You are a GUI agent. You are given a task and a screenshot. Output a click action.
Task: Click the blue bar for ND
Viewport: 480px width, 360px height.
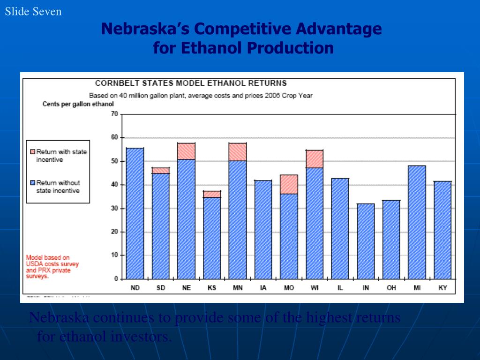point(135,213)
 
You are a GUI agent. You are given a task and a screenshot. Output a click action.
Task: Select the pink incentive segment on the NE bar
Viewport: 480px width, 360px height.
point(186,151)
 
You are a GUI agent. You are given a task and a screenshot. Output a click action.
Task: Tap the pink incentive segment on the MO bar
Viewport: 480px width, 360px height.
point(289,184)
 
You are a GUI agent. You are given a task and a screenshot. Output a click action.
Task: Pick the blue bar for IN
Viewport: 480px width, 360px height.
point(366,241)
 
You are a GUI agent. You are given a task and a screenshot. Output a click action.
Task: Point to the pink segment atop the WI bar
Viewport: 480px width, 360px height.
point(315,159)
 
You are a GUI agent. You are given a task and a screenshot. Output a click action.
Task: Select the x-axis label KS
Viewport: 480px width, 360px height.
point(212,288)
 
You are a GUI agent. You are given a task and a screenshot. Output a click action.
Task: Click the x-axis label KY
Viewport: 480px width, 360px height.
point(442,288)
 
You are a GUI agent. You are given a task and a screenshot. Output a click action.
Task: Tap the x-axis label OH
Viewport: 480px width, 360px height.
point(391,288)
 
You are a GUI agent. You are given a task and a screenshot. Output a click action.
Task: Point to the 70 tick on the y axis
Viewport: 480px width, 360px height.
point(114,114)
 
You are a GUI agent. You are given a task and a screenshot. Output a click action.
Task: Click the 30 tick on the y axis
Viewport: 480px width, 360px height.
point(114,208)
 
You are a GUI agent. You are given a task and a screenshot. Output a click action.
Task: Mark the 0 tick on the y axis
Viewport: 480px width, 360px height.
point(116,279)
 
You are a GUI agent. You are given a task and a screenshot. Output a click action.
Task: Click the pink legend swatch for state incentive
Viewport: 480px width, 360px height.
point(32,152)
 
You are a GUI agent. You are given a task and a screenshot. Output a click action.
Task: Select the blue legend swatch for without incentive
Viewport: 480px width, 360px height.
point(32,183)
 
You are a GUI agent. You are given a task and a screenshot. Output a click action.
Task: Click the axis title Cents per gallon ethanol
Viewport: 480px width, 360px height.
point(78,104)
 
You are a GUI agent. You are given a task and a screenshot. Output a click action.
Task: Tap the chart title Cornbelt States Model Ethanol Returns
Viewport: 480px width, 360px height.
point(191,83)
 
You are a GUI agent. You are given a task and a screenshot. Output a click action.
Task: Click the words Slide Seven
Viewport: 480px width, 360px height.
point(33,11)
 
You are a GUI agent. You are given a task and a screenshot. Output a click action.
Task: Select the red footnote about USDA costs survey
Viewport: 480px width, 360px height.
point(52,267)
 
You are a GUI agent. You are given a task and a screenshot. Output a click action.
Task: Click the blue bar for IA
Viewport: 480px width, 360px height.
point(263,230)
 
